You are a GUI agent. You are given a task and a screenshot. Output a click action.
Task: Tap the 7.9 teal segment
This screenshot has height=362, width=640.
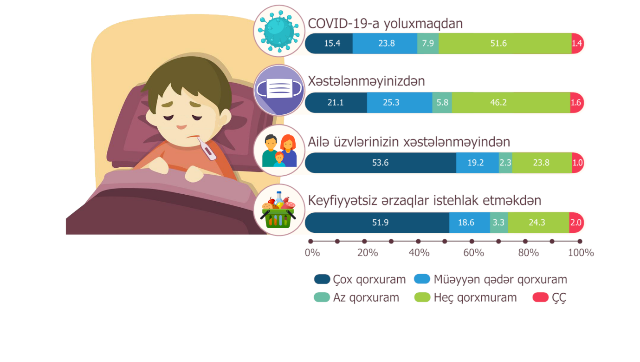[428, 43]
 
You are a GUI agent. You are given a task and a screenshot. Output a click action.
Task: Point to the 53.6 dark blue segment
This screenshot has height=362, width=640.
[381, 163]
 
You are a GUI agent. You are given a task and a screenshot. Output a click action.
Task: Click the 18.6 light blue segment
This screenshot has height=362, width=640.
[470, 222]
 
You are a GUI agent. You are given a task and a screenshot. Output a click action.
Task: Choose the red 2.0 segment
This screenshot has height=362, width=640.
[576, 222]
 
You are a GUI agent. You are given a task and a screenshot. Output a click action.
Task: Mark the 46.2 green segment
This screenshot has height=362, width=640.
[511, 102]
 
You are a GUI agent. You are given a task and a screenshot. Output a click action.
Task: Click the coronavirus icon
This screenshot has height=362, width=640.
[279, 31]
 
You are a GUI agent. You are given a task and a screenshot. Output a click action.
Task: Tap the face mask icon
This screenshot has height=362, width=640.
[279, 90]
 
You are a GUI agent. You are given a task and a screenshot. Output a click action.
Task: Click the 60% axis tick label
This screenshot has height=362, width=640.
[473, 253]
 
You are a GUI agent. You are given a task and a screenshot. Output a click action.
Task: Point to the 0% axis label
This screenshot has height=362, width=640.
[312, 253]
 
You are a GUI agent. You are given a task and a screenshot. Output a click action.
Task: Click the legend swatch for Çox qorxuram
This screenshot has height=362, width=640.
[322, 279]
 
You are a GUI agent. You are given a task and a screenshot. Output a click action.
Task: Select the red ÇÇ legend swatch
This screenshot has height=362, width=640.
[541, 297]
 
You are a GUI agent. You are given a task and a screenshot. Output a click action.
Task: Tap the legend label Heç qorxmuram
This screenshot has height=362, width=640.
[475, 297]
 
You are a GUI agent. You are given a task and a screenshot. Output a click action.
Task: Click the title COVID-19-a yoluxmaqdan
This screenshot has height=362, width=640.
[385, 23]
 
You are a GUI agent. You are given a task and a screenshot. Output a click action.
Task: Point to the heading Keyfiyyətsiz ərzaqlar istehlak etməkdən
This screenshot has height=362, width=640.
[425, 200]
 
